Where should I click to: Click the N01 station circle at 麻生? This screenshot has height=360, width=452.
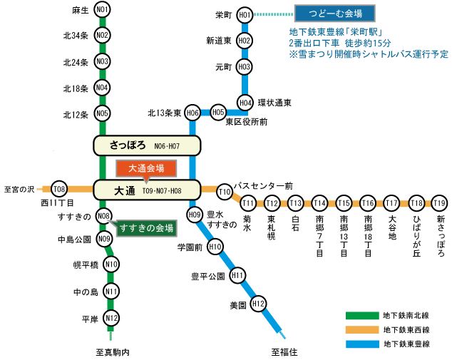[x=102, y=10]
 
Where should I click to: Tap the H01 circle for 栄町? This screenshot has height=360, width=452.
[x=245, y=15]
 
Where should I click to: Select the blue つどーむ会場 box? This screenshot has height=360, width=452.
[x=334, y=13]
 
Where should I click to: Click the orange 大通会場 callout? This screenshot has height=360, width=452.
[x=146, y=168]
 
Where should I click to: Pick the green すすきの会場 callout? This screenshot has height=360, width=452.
[x=146, y=228]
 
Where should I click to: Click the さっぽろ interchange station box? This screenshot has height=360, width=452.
[x=147, y=145]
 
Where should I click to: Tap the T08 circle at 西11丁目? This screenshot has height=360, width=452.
[x=59, y=189]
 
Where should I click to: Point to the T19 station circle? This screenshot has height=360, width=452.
[x=439, y=203]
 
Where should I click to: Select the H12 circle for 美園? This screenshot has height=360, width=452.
[x=258, y=304]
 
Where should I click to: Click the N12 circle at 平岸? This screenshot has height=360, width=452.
[x=111, y=318]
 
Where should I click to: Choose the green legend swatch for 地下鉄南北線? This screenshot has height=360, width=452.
[x=362, y=316]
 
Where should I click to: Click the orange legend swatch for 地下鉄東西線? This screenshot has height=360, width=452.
[x=362, y=330]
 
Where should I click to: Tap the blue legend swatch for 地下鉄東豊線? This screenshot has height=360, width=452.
[x=362, y=344]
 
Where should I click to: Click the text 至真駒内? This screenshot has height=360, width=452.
[x=113, y=352]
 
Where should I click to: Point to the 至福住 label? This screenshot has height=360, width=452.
[x=284, y=352]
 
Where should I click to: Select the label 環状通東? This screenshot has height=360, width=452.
[x=274, y=103]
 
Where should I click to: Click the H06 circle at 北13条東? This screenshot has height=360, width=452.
[x=192, y=113]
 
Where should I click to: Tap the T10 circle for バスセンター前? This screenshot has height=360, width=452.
[x=225, y=192]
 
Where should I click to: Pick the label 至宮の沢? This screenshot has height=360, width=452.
[x=19, y=190]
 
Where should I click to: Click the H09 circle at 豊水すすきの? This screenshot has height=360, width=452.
[x=195, y=215]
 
